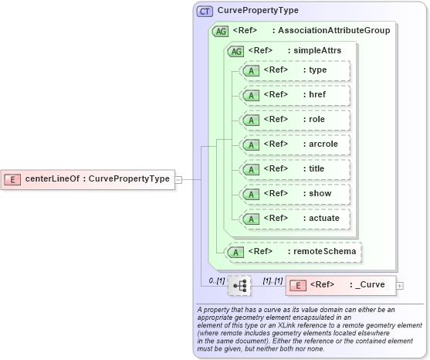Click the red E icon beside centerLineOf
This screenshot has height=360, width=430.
pyautogui.click(x=12, y=179)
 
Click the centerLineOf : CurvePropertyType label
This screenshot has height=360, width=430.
pyautogui.click(x=97, y=179)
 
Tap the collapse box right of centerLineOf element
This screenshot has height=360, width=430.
pyautogui.click(x=178, y=179)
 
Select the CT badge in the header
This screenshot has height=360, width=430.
pyautogui.click(x=205, y=11)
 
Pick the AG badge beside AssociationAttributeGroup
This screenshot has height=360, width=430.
pyautogui.click(x=219, y=31)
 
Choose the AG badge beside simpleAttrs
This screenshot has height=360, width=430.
pyautogui.click(x=235, y=51)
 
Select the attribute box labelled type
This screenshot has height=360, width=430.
pyautogui.click(x=295, y=71)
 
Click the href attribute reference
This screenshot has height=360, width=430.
pyautogui.click(x=295, y=95)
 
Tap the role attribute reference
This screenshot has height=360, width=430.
pyautogui.click(x=295, y=120)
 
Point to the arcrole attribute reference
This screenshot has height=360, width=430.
pyautogui.click(x=295, y=144)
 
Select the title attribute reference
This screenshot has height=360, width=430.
pyautogui.click(x=295, y=169)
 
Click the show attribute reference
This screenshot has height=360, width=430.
pyautogui.click(x=295, y=194)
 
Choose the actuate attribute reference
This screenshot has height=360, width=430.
pyautogui.click(x=295, y=219)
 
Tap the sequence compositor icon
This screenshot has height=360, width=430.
pyautogui.click(x=239, y=286)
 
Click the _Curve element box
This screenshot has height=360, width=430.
pyautogui.click(x=340, y=285)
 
